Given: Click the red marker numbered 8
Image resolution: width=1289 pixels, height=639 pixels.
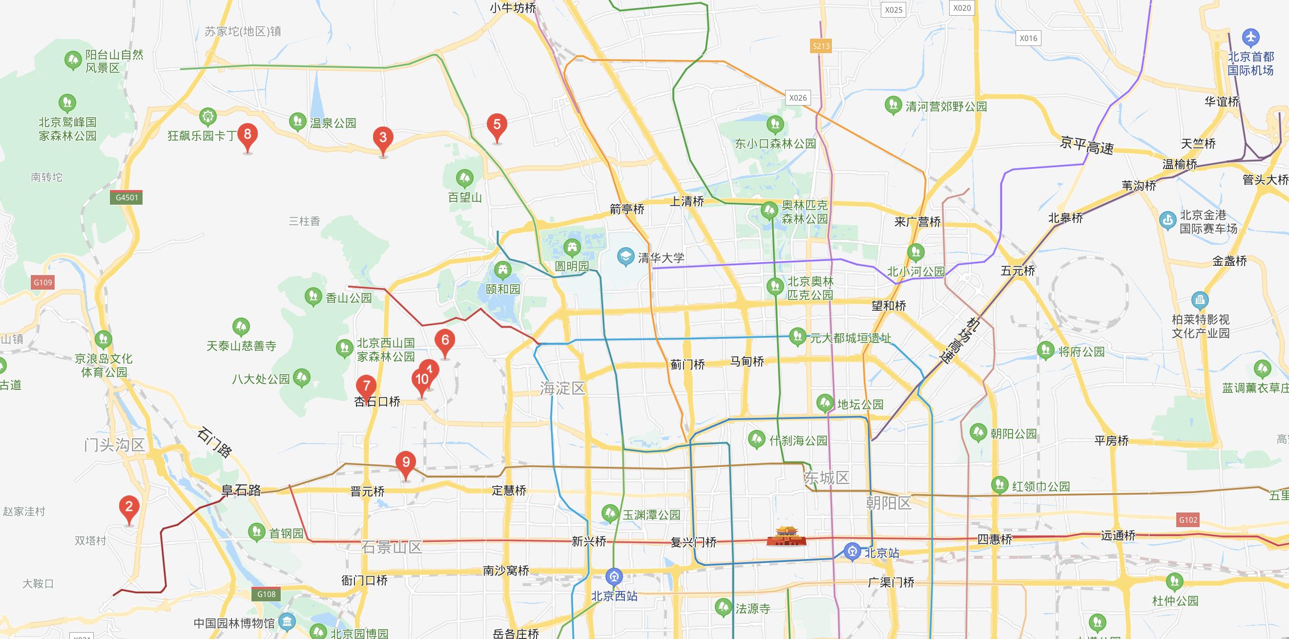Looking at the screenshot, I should [x=247, y=135].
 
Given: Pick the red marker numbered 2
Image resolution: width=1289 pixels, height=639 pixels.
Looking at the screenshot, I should [x=129, y=507].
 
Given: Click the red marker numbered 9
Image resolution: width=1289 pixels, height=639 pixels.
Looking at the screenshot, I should [x=406, y=463].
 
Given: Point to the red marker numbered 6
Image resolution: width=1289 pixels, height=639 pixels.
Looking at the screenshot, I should [x=445, y=341].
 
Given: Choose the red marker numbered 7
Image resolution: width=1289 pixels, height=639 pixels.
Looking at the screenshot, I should [x=366, y=386].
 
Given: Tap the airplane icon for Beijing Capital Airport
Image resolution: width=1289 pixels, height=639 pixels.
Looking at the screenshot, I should [x=1250, y=38].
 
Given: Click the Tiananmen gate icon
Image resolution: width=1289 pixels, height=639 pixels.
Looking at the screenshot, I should [x=786, y=536].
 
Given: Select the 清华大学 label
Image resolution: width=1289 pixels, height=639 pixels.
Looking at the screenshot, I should [x=661, y=258].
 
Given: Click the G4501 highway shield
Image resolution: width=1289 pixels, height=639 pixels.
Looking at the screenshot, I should [x=126, y=197].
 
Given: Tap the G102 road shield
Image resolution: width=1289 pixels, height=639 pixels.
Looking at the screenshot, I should [x=1188, y=520].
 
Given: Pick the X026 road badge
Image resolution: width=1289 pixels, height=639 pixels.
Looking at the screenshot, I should [x=798, y=98].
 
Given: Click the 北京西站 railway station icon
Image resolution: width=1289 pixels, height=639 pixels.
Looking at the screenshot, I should [x=614, y=577].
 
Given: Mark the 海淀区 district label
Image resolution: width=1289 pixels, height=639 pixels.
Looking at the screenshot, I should [x=562, y=388].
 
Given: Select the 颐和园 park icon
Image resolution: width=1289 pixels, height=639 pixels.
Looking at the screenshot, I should [x=502, y=271].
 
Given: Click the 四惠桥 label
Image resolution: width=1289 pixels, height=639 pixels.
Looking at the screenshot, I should [x=995, y=539].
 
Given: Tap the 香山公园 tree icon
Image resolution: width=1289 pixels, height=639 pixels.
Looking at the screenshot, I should [x=313, y=297].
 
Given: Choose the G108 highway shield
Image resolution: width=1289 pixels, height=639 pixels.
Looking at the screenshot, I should [x=266, y=595].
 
